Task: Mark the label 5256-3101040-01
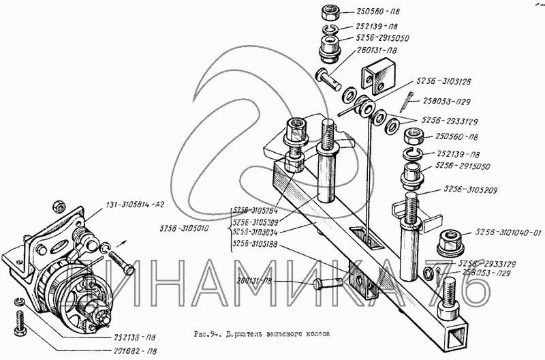[x=508, y=232]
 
